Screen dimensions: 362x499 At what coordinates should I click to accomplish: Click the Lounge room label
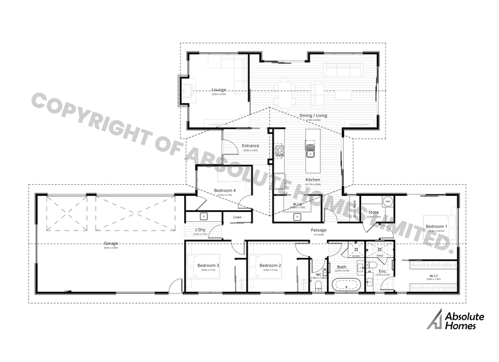click(x=218, y=89)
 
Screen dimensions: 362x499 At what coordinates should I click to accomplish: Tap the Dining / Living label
click(x=313, y=115)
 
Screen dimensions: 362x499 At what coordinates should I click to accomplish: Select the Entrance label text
click(x=251, y=146)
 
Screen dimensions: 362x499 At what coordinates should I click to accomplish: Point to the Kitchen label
click(x=313, y=180)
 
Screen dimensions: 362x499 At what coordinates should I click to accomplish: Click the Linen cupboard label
click(x=236, y=218)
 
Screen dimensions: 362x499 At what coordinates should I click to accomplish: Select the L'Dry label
click(x=200, y=231)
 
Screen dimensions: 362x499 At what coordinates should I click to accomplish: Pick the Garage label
click(x=112, y=244)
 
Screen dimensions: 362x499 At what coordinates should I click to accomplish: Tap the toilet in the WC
click(x=318, y=287)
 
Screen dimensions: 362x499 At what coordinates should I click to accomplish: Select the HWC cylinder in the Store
click(x=387, y=202)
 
